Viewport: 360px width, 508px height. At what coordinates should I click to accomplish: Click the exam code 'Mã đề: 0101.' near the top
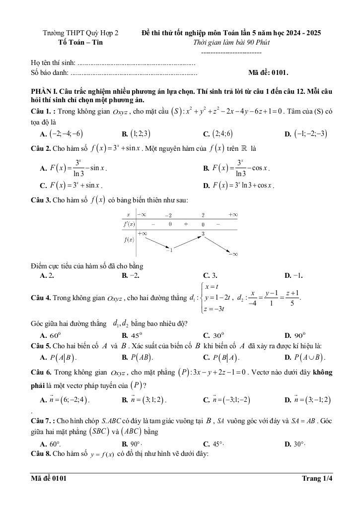click(268, 72)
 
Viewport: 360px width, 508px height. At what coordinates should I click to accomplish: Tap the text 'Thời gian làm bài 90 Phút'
click(231, 42)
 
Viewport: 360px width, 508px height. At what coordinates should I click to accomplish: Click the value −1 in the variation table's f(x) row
click(169, 250)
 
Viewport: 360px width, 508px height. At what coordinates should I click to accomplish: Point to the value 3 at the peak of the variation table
click(203, 233)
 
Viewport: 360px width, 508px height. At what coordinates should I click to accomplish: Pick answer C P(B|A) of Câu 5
click(221, 357)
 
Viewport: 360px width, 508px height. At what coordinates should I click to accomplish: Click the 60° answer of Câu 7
click(55, 444)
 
